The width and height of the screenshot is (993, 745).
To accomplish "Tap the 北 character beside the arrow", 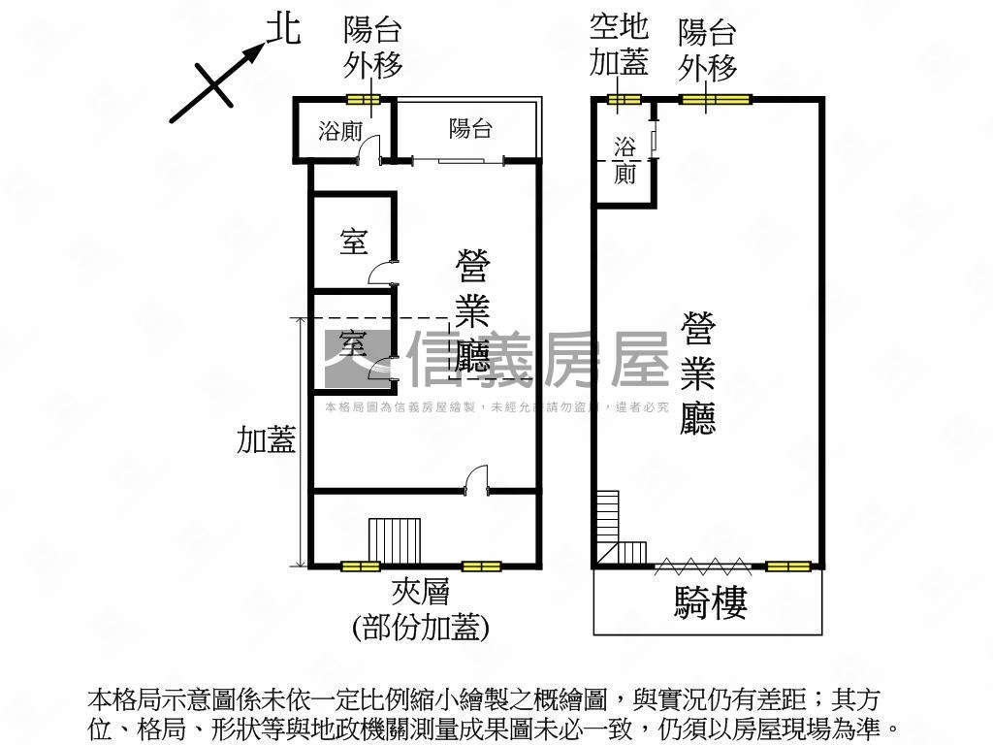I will [283, 30].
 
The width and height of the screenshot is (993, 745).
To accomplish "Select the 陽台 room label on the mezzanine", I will [470, 128].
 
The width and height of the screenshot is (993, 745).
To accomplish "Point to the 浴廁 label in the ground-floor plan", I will [625, 160].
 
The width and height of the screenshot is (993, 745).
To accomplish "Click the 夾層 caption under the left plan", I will [420, 591].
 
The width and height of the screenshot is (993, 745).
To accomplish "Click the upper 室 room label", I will [354, 242].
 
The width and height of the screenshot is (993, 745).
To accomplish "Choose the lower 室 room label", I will [353, 342].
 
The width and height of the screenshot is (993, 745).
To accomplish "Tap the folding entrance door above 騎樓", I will [702, 564].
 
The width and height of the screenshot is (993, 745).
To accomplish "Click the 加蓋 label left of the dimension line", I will [267, 441].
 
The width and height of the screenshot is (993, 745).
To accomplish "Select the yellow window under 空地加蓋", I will [625, 99].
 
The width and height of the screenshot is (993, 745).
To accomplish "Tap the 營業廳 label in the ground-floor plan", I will [699, 372].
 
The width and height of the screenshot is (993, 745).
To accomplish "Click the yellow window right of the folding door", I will [787, 566].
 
